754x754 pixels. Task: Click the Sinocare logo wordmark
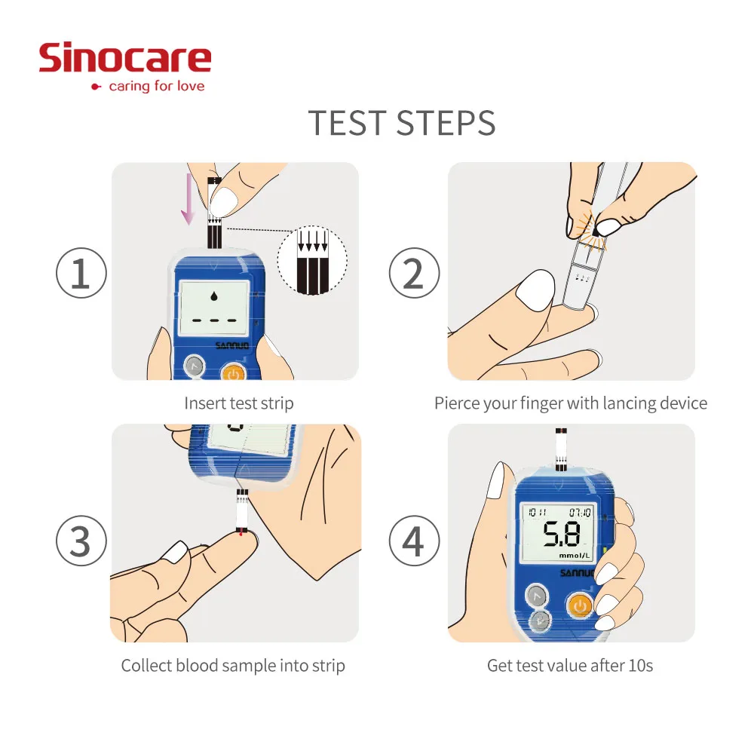125,58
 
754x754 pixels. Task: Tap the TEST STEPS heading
402,123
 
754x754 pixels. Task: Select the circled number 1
81,273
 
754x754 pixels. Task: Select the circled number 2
414,273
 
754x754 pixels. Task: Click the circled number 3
81,541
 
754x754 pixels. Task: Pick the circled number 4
414,541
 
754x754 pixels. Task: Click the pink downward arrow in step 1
188,199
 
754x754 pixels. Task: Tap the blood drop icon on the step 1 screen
214,296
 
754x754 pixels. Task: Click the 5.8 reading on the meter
562,535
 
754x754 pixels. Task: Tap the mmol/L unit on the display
574,556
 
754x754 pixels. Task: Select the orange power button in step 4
580,606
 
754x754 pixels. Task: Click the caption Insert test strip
239,403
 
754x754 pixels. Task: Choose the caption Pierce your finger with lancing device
571,403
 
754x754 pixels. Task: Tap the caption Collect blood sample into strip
233,666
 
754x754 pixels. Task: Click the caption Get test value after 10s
570,666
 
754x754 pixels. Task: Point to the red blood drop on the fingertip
241,533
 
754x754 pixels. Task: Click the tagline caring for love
157,86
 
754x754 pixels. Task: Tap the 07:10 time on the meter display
579,513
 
